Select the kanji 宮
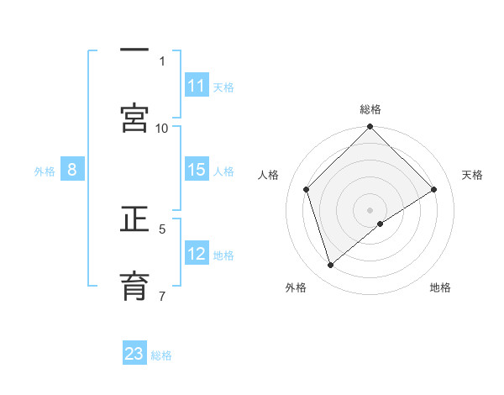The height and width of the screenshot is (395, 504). [x=134, y=118]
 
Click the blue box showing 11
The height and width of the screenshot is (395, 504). [x=197, y=86]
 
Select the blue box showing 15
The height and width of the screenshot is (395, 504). [x=197, y=171]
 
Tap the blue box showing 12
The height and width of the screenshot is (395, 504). [x=197, y=255]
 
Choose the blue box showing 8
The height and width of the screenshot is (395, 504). [x=72, y=171]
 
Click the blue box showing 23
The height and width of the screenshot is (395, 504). [x=134, y=354]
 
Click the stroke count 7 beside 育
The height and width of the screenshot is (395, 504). [x=162, y=295]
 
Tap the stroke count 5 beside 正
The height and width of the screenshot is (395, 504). [x=162, y=229]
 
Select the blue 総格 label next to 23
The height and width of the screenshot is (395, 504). [x=161, y=355]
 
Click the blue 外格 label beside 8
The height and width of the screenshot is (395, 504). [x=45, y=171]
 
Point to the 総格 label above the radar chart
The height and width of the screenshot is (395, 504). [x=370, y=109]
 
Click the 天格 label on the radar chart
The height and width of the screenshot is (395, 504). [x=472, y=175]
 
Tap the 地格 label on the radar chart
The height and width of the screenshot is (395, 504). [x=440, y=287]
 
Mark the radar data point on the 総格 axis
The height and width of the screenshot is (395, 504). [x=370, y=128]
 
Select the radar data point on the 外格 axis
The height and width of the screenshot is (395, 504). [x=330, y=266]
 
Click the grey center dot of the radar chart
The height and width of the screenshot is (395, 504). [x=370, y=210]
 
